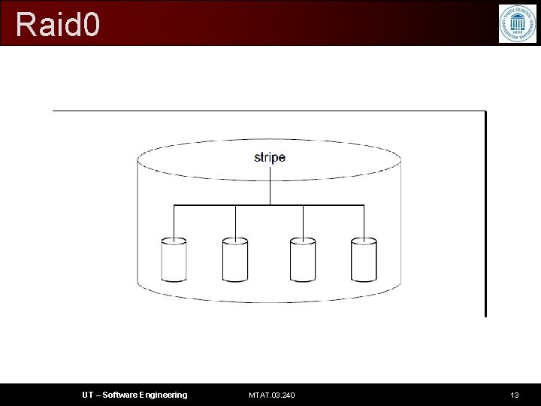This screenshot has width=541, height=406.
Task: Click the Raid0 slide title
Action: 57,24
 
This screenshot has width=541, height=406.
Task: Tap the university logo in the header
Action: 518,23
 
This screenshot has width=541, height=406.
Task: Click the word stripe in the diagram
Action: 270,157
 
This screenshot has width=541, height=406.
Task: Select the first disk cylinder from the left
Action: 174,259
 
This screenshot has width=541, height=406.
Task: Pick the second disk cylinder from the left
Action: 235,259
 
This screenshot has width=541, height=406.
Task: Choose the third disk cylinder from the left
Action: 303,259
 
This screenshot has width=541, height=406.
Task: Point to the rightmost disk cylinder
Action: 364,259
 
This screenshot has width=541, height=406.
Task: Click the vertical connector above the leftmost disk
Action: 174,222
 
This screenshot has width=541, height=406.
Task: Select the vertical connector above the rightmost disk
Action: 364,222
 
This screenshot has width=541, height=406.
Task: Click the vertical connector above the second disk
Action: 235,222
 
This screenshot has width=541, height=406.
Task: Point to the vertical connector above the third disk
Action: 303,222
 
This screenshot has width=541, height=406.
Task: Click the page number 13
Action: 515,395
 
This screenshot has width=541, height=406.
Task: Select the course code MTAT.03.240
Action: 272,395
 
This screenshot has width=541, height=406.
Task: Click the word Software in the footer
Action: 120,395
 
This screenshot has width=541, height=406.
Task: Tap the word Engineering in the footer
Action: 163,395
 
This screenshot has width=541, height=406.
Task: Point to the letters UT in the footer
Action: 88,395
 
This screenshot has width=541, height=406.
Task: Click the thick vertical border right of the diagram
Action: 485,214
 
